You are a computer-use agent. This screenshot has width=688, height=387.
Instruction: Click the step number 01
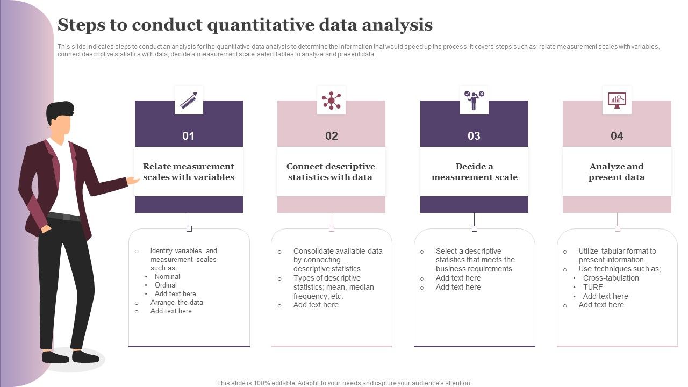tap(188, 136)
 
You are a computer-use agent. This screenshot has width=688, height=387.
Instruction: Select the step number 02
tap(331, 136)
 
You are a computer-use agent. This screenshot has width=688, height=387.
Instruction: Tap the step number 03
tap(474, 136)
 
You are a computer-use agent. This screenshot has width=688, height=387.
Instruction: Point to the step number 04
tap(617, 136)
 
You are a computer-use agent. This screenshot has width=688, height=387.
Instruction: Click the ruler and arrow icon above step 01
tap(189, 100)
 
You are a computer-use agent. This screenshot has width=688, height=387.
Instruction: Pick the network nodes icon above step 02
tap(331, 100)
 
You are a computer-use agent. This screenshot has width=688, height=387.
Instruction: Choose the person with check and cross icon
tap(474, 100)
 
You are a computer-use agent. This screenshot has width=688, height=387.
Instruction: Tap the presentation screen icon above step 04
tap(617, 100)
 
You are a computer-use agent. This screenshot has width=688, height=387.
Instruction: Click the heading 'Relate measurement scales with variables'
tap(189, 171)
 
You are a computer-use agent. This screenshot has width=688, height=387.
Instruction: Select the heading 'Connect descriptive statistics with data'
tap(331, 171)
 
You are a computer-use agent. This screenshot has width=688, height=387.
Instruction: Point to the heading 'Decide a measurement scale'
tap(474, 171)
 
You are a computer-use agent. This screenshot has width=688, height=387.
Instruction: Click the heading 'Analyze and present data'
tap(617, 171)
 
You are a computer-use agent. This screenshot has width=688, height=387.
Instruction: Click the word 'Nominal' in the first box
tap(167, 277)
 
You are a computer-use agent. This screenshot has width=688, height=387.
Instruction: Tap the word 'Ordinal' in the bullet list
tap(166, 285)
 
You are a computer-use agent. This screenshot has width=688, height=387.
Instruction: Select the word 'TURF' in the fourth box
tap(593, 287)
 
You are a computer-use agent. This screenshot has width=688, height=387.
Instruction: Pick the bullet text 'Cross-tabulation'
tap(611, 278)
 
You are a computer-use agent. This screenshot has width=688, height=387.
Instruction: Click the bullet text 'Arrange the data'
tap(176, 303)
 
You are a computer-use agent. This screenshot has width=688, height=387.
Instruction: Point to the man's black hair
tap(59, 110)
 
